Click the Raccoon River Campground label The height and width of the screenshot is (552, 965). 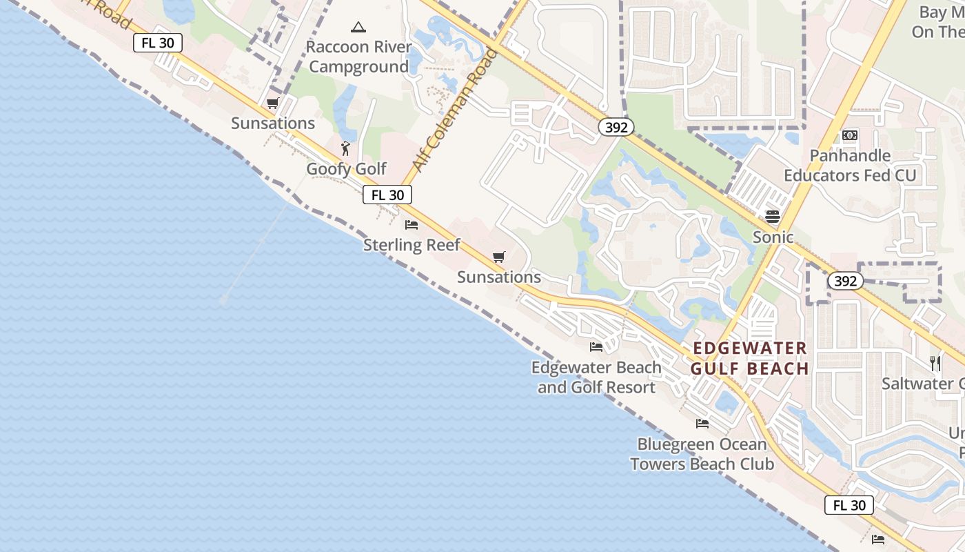358,57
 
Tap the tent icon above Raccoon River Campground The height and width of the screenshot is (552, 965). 358,28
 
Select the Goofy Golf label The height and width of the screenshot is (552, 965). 347,169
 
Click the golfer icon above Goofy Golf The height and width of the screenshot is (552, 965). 346,148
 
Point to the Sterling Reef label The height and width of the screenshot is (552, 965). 412,245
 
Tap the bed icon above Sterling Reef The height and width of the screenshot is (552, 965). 412,225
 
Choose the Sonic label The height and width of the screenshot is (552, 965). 773,237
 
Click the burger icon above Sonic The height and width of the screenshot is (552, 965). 772,217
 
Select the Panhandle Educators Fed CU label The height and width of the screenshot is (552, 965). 850,166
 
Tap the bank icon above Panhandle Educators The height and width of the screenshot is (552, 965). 850,135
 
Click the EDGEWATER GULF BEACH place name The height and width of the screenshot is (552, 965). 749,358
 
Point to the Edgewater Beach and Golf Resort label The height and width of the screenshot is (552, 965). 596,377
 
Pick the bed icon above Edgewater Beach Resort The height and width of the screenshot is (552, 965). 596,346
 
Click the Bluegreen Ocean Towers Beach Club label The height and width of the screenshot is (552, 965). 702,454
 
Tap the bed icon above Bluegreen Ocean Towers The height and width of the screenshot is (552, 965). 702,424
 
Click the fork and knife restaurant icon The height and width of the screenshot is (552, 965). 935,363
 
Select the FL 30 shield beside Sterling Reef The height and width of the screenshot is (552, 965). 387,195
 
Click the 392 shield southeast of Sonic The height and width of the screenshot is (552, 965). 845,281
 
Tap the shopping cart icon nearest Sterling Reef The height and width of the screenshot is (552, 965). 499,257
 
